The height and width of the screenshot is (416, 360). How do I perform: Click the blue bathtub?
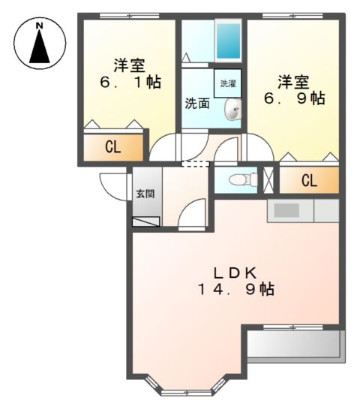[227, 41]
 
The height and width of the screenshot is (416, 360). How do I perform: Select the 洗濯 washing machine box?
[228, 84]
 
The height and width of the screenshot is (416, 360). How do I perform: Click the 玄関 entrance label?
[145, 194]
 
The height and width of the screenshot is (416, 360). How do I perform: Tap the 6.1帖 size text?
[128, 82]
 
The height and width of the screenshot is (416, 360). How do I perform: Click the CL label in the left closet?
[112, 147]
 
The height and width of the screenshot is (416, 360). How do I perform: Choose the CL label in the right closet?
[308, 180]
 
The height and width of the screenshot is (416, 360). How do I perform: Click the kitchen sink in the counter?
[286, 210]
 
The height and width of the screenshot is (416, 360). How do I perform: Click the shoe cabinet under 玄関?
[145, 222]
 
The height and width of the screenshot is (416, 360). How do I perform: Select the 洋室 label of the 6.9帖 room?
[292, 80]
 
